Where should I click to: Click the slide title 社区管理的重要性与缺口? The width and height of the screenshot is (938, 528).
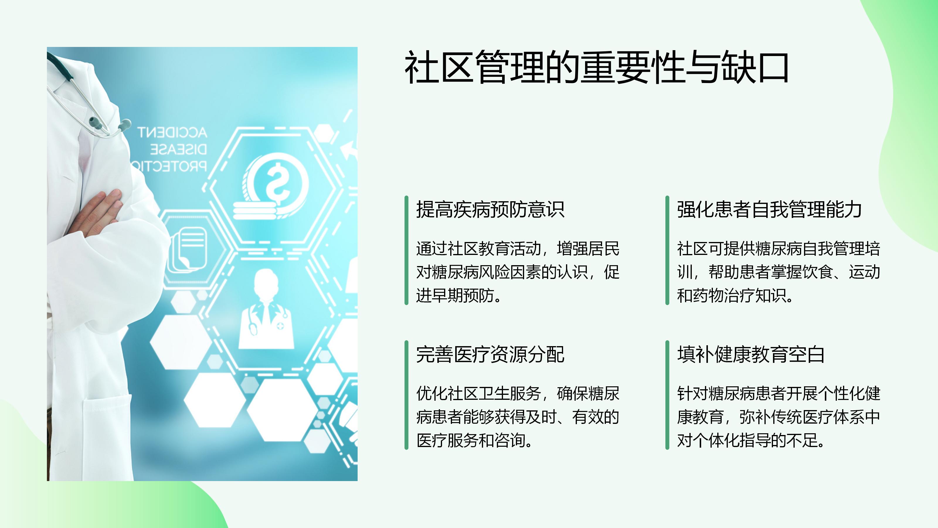597,67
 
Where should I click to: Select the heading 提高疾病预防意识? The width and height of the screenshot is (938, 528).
490,209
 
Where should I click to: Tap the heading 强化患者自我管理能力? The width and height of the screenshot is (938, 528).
769,209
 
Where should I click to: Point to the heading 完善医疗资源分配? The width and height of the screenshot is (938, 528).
490,354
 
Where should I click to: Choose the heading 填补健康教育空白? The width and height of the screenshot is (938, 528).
751,354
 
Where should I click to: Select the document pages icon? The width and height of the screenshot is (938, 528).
188,250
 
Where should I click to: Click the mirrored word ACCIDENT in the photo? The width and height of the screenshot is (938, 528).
172,132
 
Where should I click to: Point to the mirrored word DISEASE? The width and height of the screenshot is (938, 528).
179,149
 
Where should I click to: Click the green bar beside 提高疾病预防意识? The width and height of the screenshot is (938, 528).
406,250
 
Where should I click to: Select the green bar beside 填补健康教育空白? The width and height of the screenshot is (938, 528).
667,395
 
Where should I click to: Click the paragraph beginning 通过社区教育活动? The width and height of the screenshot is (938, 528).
517,272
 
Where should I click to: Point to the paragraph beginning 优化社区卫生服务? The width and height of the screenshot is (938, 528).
517,417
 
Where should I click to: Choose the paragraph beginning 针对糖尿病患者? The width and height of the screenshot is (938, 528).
779,417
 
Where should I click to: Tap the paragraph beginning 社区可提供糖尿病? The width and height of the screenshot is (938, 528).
779,272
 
